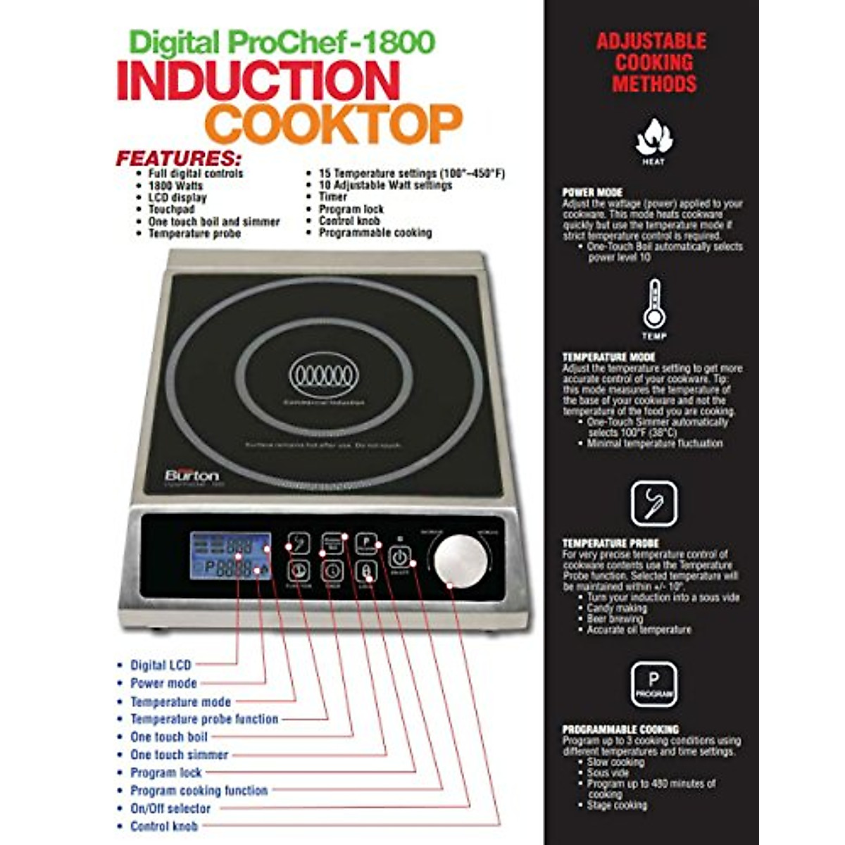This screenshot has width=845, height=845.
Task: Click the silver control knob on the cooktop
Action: (x=461, y=559)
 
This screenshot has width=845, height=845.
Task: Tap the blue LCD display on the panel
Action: (x=230, y=556)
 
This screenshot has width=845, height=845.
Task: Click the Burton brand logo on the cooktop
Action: (x=192, y=475)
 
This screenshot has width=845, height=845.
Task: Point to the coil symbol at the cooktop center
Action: (x=324, y=375)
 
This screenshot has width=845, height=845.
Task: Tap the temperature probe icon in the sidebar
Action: (x=653, y=503)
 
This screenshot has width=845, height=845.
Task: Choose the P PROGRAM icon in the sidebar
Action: (x=653, y=684)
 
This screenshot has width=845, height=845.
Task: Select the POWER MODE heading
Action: (x=592, y=192)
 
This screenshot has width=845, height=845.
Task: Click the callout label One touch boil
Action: (x=169, y=737)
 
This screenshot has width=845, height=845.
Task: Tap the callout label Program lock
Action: (x=166, y=772)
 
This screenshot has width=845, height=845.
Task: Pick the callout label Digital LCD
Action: (x=161, y=665)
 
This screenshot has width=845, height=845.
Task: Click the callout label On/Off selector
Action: (x=170, y=808)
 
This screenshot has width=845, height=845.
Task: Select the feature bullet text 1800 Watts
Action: (x=175, y=185)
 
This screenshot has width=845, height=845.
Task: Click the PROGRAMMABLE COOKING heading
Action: (x=620, y=730)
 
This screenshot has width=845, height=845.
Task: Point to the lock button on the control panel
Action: (x=366, y=570)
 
